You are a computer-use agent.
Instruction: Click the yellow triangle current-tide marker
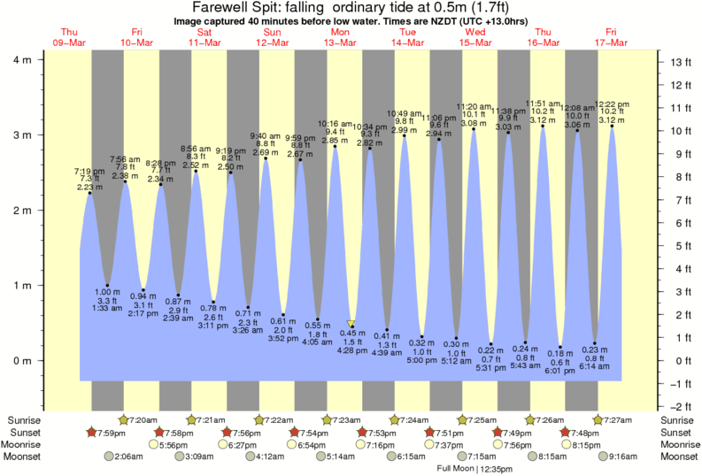point(351,325)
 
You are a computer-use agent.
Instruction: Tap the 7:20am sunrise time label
point(143,419)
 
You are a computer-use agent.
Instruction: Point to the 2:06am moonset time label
point(129,457)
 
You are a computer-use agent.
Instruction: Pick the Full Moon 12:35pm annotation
point(474,468)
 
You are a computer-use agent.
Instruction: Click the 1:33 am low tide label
point(108,307)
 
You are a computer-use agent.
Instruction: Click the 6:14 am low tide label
point(595,365)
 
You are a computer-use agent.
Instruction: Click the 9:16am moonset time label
point(620,457)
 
